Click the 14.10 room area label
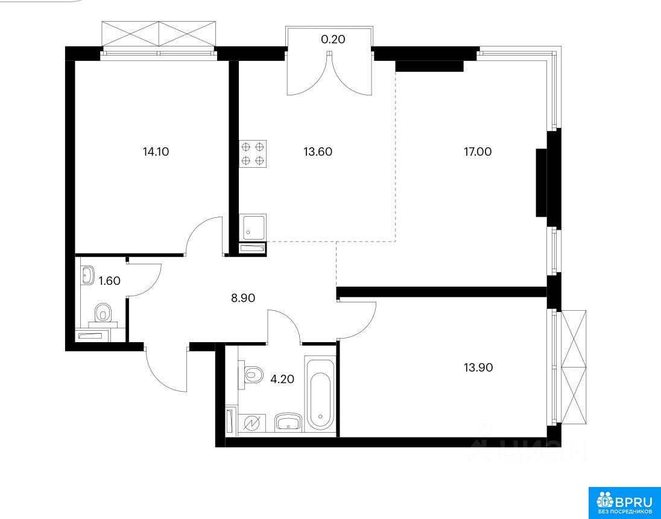(156, 151)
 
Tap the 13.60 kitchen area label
(318, 151)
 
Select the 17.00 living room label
(478, 151)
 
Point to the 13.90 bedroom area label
(478, 368)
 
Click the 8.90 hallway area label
(243, 298)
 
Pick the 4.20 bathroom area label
(282, 380)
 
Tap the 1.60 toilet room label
(110, 281)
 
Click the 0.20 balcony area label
(333, 39)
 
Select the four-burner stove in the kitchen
(253, 154)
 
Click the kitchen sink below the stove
(253, 227)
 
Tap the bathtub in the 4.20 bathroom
(320, 394)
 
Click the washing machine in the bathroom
(251, 424)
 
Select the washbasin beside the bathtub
(288, 422)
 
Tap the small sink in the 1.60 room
(87, 275)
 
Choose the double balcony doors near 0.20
(329, 72)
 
